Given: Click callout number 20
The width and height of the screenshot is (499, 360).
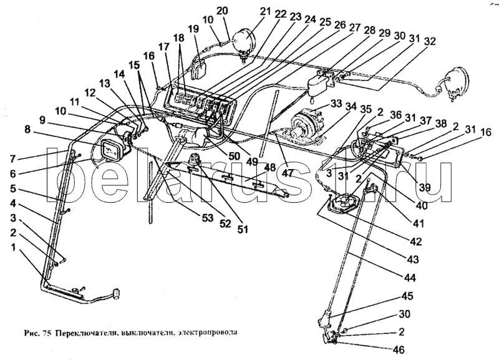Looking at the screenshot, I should (223, 11).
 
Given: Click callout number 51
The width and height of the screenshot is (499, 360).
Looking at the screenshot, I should (243, 228).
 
